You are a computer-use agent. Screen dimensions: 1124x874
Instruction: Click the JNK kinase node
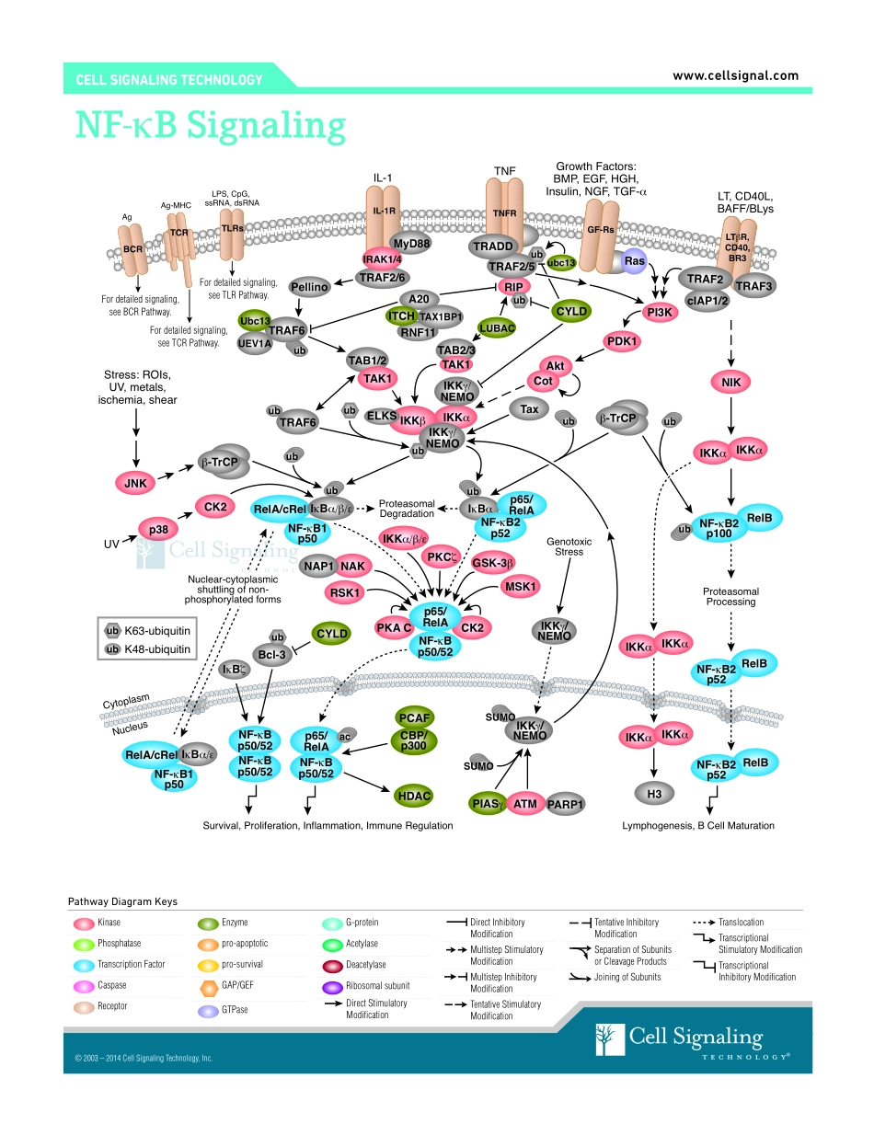tap(135, 482)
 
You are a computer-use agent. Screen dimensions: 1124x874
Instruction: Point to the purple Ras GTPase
tap(634, 261)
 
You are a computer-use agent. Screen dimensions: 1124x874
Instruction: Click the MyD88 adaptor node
tap(410, 243)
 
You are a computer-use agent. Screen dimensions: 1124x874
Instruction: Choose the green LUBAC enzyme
tap(497, 327)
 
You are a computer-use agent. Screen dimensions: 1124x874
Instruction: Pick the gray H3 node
tap(653, 793)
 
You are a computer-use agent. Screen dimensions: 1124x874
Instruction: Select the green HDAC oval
tap(413, 795)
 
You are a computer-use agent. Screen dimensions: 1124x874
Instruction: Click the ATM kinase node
tap(525, 804)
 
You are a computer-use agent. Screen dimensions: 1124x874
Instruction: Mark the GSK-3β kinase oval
tap(493, 562)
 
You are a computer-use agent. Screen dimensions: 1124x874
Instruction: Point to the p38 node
tap(156, 528)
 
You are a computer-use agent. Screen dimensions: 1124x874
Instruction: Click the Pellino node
tap(310, 287)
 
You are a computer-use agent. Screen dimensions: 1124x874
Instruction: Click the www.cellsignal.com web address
tap(735, 76)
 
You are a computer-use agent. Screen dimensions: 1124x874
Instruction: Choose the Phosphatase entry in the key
tap(121, 944)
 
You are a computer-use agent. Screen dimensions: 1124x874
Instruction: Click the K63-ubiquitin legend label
tap(156, 630)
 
